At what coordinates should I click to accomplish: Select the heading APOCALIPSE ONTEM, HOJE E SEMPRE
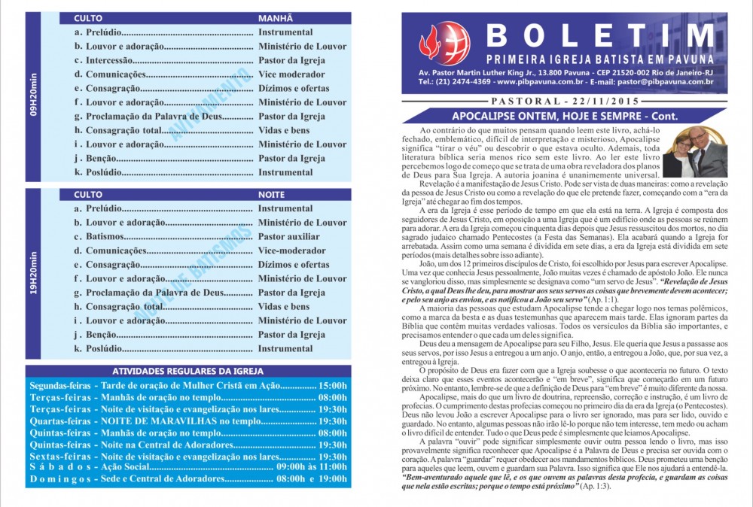(564, 117)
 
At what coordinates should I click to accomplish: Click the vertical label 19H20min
(33, 271)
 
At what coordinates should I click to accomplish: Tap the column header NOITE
(273, 194)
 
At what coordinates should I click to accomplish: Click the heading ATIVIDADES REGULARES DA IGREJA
(187, 371)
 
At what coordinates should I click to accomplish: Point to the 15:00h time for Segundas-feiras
(333, 385)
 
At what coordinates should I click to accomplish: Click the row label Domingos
(59, 479)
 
